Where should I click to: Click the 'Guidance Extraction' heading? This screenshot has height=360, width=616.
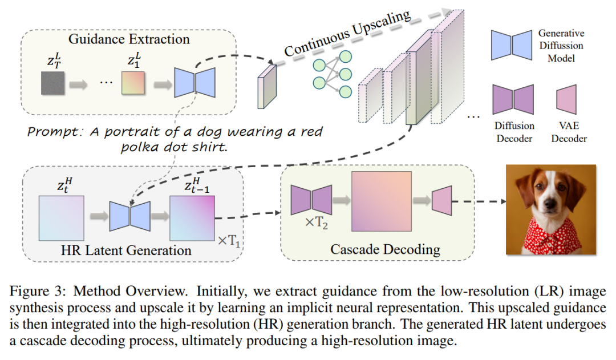tap(129, 39)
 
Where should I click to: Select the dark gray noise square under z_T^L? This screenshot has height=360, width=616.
tap(54, 84)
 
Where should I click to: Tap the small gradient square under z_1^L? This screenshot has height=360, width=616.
tap(133, 84)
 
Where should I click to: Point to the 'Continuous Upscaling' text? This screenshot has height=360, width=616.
tap(347, 34)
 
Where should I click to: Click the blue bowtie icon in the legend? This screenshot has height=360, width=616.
tap(512, 45)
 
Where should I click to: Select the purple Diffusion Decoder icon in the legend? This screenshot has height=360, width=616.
tap(513, 99)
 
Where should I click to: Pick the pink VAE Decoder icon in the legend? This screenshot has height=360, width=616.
tap(566, 99)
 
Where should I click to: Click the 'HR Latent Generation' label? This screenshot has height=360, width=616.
tap(130, 250)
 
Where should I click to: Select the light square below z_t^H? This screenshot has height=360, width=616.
tap(62, 216)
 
